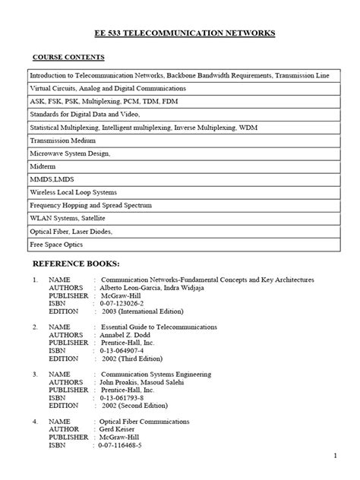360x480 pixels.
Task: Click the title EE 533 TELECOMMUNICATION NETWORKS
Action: coord(179,33)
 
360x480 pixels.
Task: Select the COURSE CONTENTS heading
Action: coord(68,58)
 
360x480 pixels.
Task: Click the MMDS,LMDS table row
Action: coord(52,180)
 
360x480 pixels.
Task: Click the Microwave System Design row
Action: coord(71,154)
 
